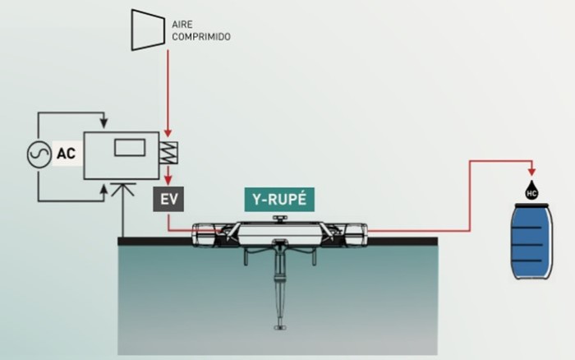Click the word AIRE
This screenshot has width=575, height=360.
[x=182, y=24]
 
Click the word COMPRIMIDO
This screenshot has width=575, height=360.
[x=201, y=37]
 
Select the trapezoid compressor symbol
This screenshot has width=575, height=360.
[x=148, y=30]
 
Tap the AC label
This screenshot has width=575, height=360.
[x=66, y=154]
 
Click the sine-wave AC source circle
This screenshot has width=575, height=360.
[x=39, y=155]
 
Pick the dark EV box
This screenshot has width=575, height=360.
[x=168, y=199]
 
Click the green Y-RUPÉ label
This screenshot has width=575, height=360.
[x=279, y=199]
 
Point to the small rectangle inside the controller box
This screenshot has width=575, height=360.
[x=130, y=148]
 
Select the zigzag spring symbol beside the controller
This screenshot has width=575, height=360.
[x=168, y=153]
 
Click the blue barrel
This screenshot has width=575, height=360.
[x=531, y=242]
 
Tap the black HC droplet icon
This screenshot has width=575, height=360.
[x=531, y=191]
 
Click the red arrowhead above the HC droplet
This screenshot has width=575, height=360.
[x=531, y=172]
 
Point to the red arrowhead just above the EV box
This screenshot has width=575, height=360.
[x=168, y=180]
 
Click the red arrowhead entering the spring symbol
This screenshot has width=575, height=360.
[x=168, y=133]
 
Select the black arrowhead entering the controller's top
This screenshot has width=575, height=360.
[x=104, y=123]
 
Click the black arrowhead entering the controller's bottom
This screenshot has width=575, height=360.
[x=104, y=188]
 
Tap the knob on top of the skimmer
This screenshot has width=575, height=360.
[x=280, y=219]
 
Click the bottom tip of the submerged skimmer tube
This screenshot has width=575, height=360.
[x=280, y=328]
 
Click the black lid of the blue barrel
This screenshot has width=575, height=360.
[x=531, y=205]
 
